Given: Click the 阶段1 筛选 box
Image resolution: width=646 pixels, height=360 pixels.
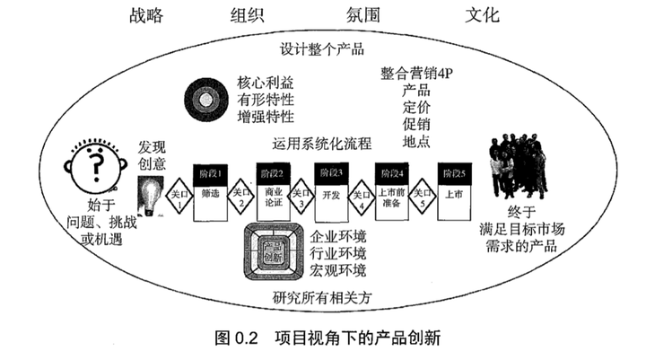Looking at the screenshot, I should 213,182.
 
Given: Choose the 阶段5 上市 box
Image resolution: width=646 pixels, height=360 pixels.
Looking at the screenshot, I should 451,182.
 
